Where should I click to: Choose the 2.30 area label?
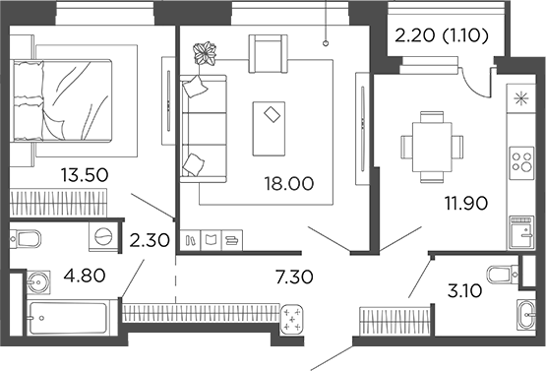click(150, 238)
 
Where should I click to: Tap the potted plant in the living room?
click(206, 52)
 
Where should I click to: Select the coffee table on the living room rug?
click(268, 128)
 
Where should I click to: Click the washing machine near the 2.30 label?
click(103, 238)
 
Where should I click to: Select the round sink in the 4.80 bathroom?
click(40, 282)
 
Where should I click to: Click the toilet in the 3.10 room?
click(503, 273)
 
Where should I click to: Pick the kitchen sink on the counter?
click(518, 233)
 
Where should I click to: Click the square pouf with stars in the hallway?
click(293, 321)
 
